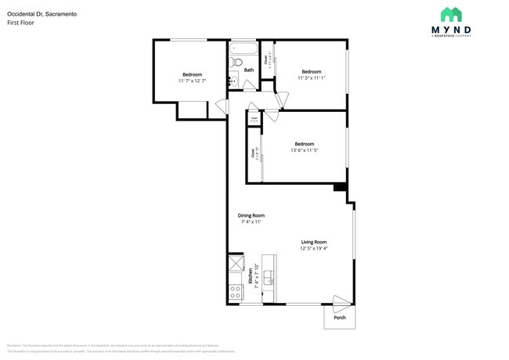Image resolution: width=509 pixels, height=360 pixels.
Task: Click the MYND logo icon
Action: tap(450, 14)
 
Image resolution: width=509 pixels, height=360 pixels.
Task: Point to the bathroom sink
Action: tap(233, 79)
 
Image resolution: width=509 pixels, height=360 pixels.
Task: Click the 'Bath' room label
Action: tap(249, 70)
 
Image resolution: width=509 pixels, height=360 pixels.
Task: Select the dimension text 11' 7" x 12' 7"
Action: tap(192, 81)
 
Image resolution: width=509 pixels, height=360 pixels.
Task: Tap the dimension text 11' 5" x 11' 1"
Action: tap(312, 77)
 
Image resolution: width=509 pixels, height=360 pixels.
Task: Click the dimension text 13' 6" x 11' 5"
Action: tap(305, 150)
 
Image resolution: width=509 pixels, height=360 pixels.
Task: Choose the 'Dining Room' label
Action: tap(251, 215)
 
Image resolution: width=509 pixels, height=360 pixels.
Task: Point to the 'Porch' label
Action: tap(339, 317)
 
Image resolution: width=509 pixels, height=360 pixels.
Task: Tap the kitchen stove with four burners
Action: tap(236, 292)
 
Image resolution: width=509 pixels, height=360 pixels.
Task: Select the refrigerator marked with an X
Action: tap(236, 263)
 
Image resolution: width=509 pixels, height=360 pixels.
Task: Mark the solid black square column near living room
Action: tap(340, 188)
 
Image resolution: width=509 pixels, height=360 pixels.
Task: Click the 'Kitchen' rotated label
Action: tap(251, 276)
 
